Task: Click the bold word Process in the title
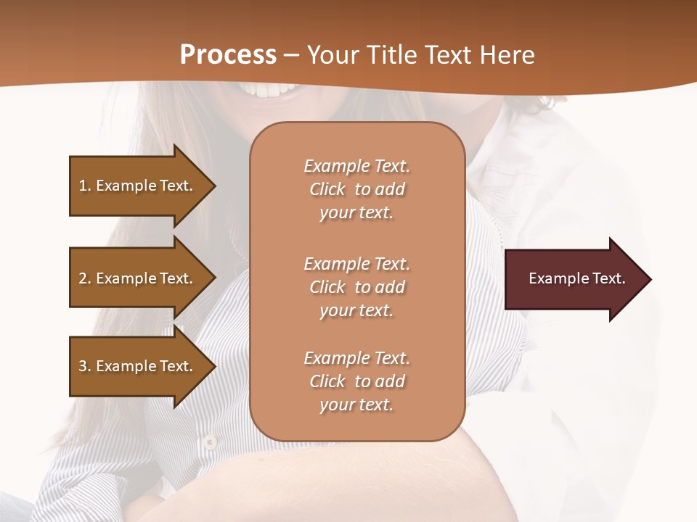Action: pos(228,55)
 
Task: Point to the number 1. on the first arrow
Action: pos(85,186)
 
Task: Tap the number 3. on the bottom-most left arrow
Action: pos(85,366)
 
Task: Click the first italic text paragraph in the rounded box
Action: pos(356,189)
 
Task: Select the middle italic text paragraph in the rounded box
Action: pos(356,287)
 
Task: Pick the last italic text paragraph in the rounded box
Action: pos(356,381)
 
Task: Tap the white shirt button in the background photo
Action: pos(209,440)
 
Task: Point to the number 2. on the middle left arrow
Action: pos(85,278)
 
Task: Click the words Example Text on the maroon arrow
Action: pos(577,279)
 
